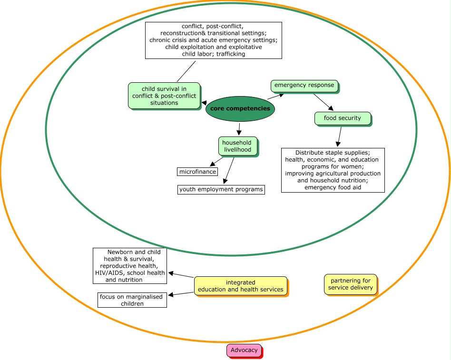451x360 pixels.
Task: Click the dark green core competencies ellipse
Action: click(x=240, y=109)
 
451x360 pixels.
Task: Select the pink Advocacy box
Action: click(x=244, y=350)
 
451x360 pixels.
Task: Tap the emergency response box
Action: click(x=304, y=86)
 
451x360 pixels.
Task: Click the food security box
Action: click(x=342, y=118)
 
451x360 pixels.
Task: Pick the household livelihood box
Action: click(x=237, y=146)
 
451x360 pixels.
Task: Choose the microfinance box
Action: click(x=197, y=172)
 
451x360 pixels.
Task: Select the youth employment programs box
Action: click(x=221, y=189)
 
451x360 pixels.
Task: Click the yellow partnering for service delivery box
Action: click(x=351, y=284)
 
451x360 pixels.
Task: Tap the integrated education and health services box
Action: click(x=240, y=286)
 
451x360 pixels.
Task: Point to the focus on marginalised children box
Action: click(x=131, y=300)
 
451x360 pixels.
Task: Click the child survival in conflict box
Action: click(x=164, y=96)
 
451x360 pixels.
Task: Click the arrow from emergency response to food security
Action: click(x=323, y=102)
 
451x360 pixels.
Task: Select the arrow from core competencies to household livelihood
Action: click(x=239, y=128)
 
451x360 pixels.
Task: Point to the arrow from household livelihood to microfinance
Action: click(x=216, y=162)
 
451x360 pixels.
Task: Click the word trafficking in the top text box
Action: click(x=230, y=54)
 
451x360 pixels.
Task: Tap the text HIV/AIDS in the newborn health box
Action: click(x=110, y=273)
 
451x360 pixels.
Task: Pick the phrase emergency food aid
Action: click(x=333, y=187)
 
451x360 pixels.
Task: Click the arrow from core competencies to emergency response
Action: click(x=276, y=96)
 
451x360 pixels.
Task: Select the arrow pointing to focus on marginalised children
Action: click(x=181, y=294)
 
